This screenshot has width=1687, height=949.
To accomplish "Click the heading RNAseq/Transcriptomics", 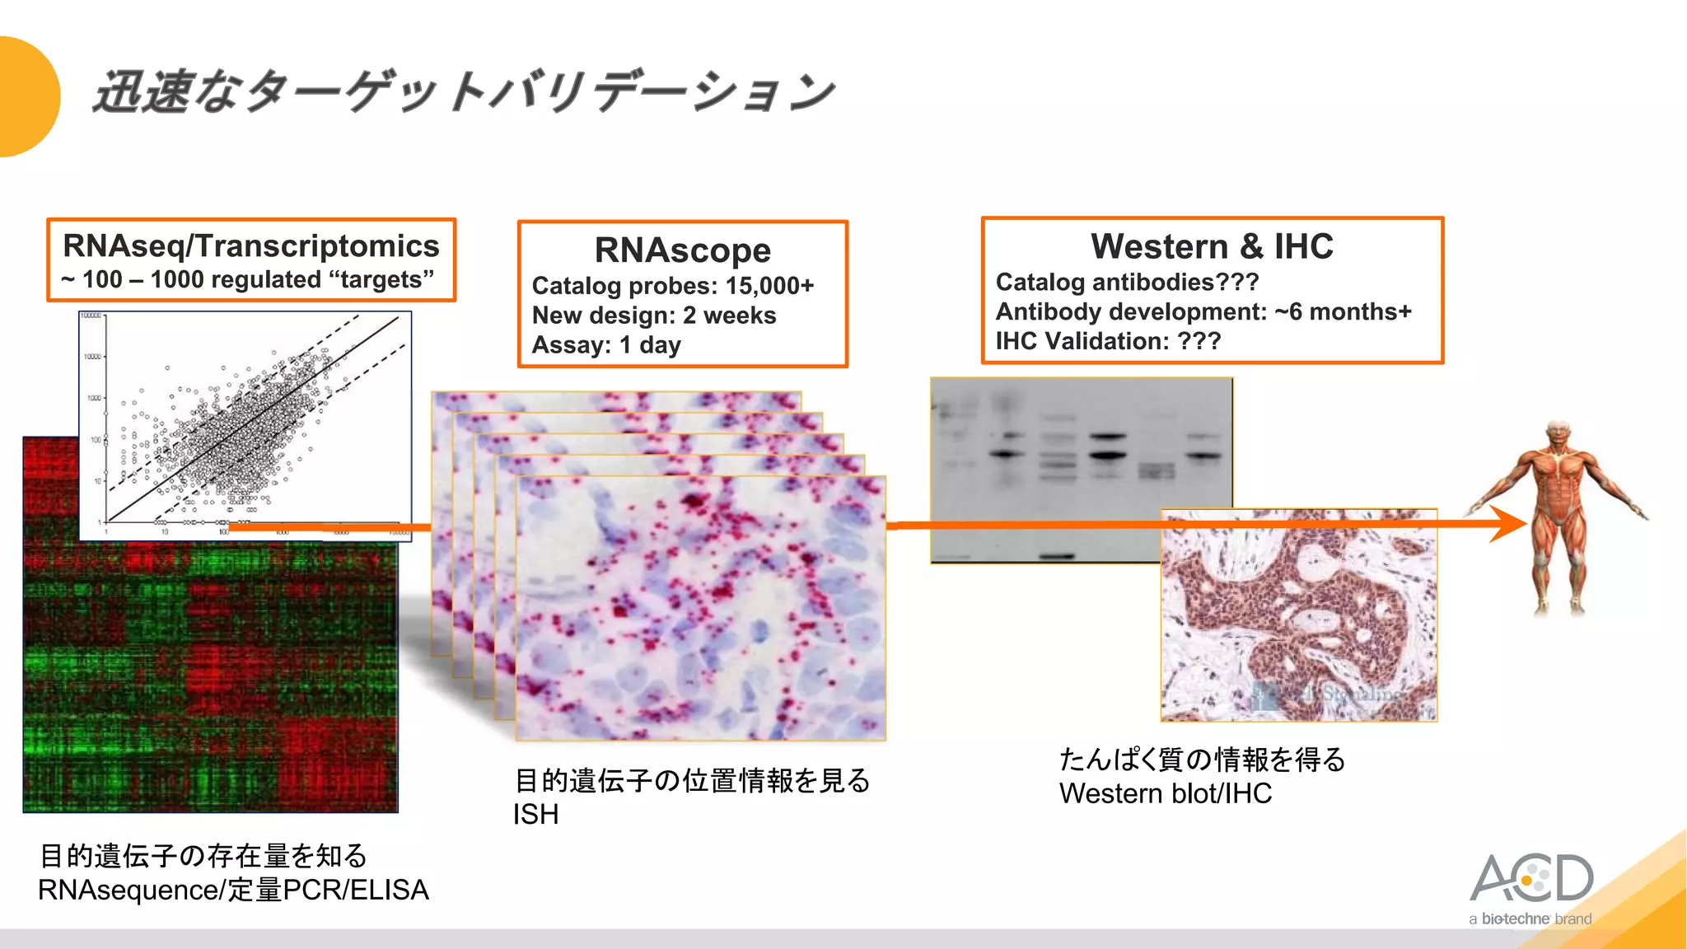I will tap(250, 246).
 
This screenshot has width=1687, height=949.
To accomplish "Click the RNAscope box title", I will tap(682, 250).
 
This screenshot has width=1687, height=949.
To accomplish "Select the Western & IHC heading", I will tap(1211, 246).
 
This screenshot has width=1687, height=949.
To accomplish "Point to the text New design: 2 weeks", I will tap(653, 316).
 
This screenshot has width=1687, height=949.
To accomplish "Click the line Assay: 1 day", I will tap(605, 345).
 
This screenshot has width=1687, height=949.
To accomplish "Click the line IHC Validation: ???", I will tap(1107, 341).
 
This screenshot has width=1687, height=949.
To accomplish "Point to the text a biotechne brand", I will tap(1530, 919).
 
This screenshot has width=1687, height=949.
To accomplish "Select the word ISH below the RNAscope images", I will tap(535, 815).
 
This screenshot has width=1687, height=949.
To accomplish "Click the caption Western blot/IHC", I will tap(1165, 793).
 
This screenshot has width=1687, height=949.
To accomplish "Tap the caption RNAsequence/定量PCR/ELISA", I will tap(233, 891).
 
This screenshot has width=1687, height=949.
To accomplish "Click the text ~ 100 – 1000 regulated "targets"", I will tap(247, 280).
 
